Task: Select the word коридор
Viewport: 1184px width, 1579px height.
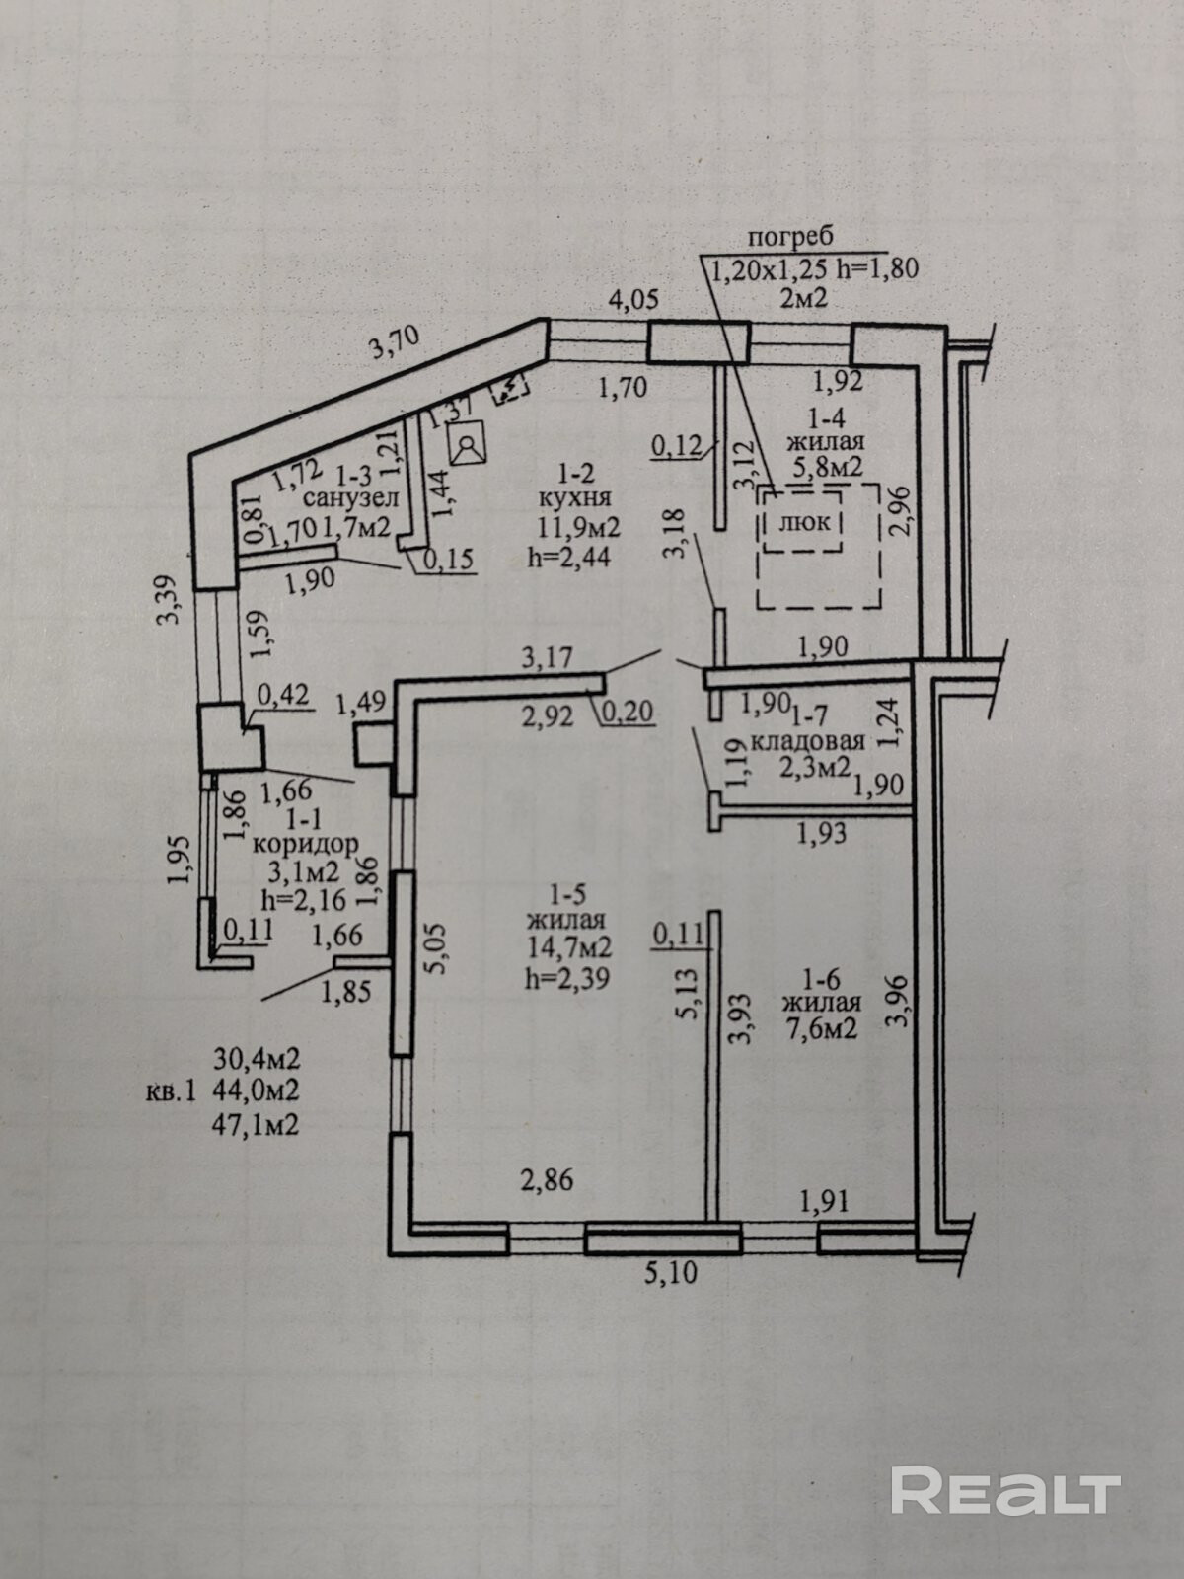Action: (305, 845)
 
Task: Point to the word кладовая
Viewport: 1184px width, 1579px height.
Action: (808, 741)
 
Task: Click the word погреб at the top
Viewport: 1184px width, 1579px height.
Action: (790, 237)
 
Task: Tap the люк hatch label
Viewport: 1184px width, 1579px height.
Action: (804, 522)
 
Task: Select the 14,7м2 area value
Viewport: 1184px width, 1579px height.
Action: (569, 947)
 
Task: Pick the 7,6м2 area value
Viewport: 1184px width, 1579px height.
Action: (821, 1028)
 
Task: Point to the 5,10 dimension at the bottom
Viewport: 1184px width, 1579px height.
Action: (671, 1273)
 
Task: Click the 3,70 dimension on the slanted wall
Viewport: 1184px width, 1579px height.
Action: (395, 341)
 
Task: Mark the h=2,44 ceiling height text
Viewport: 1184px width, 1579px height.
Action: (569, 556)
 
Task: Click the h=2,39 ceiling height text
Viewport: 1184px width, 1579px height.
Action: (569, 977)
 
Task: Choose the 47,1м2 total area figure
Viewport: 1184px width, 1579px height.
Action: (257, 1124)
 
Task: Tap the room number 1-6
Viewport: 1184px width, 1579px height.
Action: (821, 980)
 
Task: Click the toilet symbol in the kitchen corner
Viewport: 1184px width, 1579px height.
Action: (468, 445)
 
